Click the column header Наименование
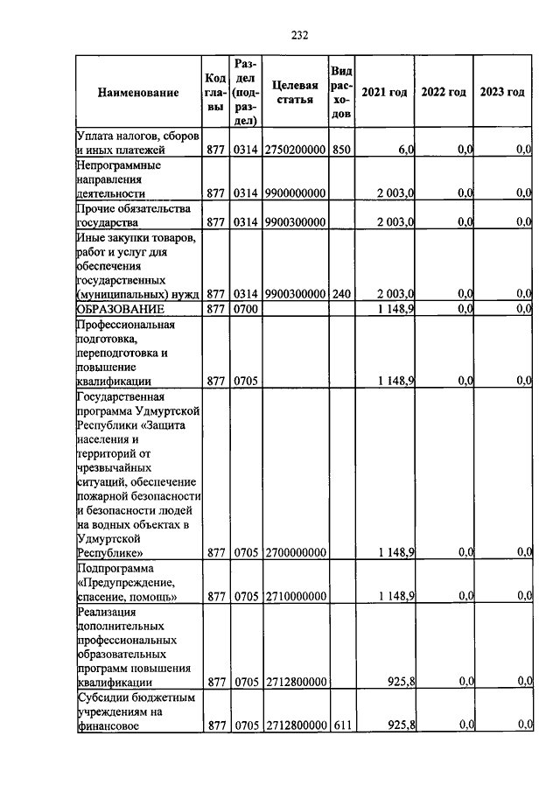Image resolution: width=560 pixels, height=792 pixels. click(138, 92)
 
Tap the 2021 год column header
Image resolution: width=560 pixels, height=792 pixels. click(385, 92)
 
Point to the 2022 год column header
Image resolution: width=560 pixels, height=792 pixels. click(444, 92)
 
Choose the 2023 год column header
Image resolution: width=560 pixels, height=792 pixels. click(502, 92)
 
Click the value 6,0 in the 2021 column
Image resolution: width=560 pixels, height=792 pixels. click(406, 151)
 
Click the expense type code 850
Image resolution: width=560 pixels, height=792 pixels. click(341, 151)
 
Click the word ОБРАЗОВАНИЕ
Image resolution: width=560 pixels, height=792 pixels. click(115, 309)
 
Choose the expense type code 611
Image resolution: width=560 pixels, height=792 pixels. click(341, 725)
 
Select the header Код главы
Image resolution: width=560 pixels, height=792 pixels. click(215, 92)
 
